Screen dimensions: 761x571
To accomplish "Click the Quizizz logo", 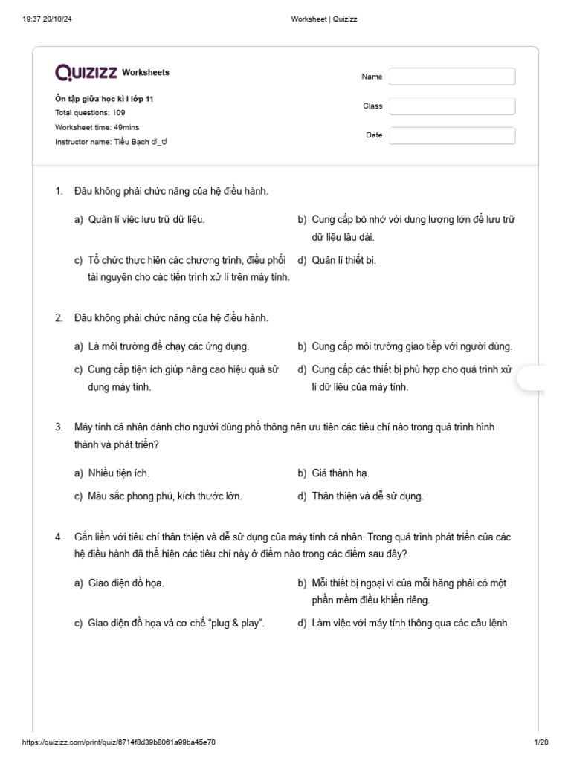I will pos(86,72).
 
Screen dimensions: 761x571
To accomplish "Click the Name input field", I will pos(452,77).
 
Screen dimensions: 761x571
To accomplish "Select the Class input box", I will pos(452,106).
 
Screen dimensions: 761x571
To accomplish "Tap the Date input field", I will pos(452,135).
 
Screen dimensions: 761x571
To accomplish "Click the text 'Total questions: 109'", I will pos(90,113).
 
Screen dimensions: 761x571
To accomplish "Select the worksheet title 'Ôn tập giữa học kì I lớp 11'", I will pos(104,99).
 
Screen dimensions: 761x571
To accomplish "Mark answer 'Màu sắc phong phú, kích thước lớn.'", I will pos(165,496).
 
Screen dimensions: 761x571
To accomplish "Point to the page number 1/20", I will pos(541,742).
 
